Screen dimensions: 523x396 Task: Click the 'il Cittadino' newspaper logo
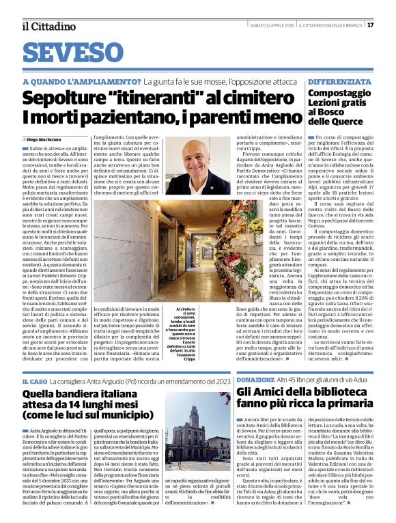48,27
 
